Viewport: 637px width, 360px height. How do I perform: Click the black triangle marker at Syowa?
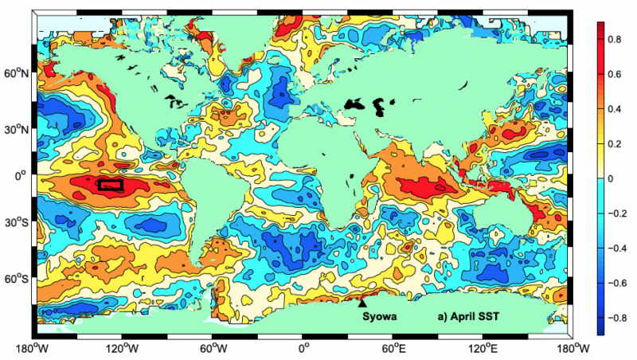click(x=362, y=303)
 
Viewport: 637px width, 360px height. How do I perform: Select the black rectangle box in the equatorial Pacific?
click(x=110, y=184)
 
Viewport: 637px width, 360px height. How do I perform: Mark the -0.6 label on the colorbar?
click(x=617, y=284)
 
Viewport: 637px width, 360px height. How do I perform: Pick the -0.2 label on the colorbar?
click(x=617, y=213)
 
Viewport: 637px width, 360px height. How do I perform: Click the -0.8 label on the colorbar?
click(x=617, y=319)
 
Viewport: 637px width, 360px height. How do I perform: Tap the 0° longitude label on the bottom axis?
click(x=303, y=348)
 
